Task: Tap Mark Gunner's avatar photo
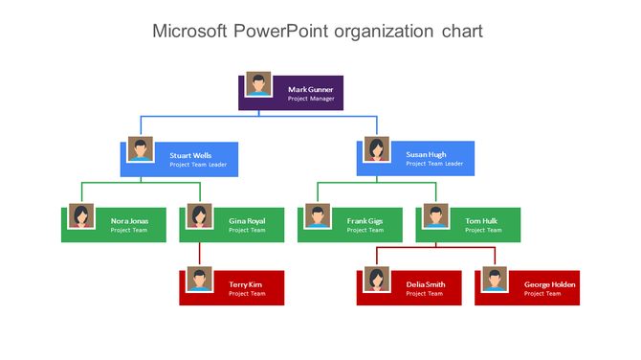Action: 257,84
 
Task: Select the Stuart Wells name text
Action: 190,155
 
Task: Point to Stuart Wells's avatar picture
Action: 141,150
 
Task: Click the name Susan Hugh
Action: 426,155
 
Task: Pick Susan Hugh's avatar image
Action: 377,150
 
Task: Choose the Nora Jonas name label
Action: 129,220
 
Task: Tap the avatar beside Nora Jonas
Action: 81,216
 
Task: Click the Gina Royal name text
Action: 247,220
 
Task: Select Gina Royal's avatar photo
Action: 199,216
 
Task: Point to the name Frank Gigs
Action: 365,220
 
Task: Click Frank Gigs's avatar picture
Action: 318,216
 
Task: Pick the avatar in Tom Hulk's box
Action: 436,216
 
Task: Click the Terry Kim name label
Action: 247,284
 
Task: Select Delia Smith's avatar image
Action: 377,281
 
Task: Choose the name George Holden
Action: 549,284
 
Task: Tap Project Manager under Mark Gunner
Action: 311,99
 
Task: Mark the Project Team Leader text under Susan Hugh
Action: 434,164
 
